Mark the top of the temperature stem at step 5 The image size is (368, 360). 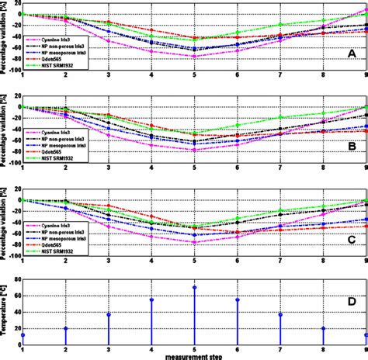194,287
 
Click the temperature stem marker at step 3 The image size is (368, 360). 109,314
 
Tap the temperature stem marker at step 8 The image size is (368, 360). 323,328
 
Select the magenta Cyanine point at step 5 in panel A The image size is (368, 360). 194,57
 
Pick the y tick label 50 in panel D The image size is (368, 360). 16,301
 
